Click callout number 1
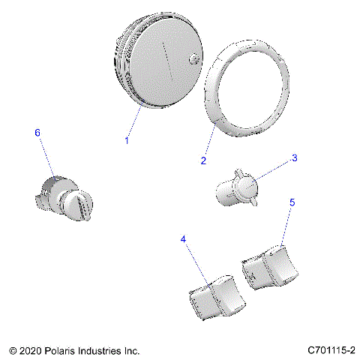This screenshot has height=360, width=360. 127,140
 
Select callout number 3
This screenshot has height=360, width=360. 294,158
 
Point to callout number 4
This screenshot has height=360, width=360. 183,239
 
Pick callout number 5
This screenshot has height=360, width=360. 292,202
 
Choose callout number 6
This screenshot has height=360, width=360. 37,132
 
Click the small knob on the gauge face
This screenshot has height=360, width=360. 195,60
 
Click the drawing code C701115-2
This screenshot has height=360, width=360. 330,350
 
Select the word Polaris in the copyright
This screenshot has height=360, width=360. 62,350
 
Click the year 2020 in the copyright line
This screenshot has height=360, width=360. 30,350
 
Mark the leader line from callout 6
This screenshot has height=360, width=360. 46,157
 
